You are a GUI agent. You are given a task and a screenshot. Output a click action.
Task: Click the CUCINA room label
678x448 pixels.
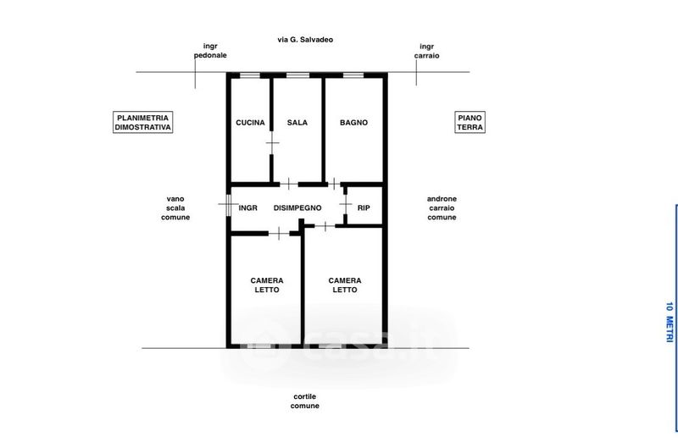point(250,123)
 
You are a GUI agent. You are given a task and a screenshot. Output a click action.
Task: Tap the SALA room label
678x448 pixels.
point(297,123)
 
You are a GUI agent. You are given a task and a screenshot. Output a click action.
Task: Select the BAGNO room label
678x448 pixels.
point(353,123)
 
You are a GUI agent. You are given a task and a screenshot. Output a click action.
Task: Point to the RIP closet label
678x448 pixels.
point(364,207)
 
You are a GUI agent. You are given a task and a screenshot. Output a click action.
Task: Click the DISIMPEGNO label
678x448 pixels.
point(297,207)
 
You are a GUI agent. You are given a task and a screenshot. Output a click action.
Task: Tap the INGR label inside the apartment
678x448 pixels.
point(247,207)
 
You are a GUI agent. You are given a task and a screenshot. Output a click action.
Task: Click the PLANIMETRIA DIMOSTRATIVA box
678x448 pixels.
point(142,122)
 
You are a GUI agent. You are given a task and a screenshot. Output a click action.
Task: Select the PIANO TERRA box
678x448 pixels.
point(470,122)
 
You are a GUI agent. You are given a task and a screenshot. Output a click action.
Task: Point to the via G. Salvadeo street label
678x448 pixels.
point(305,40)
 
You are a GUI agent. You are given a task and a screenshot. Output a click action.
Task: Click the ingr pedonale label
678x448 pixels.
point(210,51)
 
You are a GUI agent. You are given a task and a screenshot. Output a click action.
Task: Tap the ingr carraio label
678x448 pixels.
point(427,51)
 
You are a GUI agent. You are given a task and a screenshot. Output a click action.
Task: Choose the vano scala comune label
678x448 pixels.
point(175,207)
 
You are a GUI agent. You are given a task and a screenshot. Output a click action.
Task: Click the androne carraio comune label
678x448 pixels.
point(442,207)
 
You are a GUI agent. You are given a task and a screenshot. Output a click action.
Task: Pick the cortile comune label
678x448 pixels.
point(305,401)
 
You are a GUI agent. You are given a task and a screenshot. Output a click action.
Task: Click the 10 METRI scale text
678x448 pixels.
point(670,323)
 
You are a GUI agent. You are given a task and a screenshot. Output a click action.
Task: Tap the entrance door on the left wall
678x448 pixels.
point(227,204)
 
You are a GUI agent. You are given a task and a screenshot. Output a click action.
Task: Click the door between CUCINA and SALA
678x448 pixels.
point(271,142)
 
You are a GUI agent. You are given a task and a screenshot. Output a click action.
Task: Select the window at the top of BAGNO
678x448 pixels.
point(353,75)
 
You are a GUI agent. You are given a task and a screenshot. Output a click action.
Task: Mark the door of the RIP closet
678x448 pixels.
point(346,204)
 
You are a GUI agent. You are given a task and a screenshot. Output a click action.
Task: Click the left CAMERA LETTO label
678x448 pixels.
point(267,285)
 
